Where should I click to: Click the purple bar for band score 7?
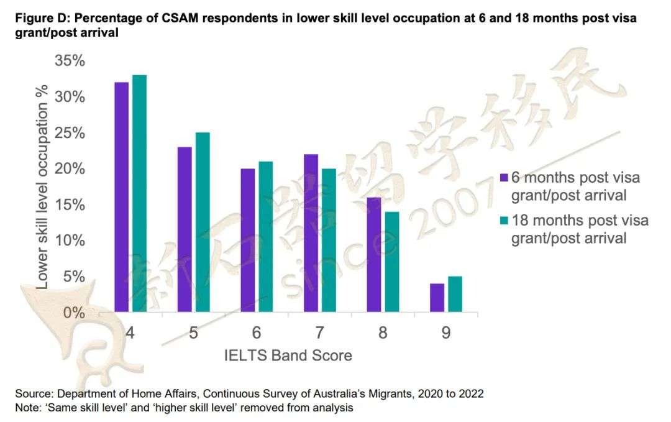[311, 232]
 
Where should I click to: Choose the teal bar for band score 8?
[391, 261]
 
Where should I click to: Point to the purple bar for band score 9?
[437, 297]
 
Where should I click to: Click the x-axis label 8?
[383, 333]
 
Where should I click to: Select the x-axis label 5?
[194, 333]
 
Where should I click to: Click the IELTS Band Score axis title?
[288, 355]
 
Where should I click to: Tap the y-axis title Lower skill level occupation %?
[43, 186]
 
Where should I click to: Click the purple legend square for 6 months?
[504, 177]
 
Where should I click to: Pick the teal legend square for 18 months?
[504, 220]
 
